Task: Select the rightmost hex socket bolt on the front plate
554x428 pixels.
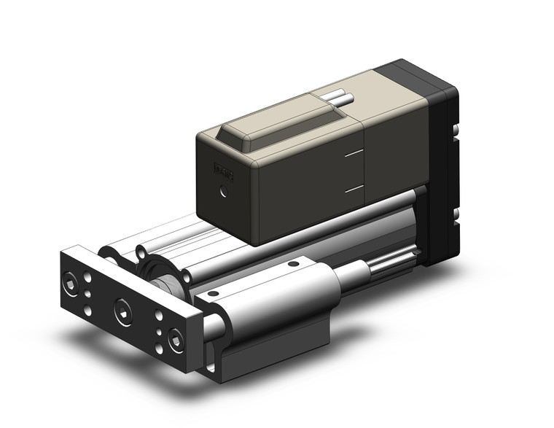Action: point(175,340)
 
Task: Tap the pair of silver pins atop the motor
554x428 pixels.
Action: point(338,99)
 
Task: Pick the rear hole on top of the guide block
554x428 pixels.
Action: point(294,263)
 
